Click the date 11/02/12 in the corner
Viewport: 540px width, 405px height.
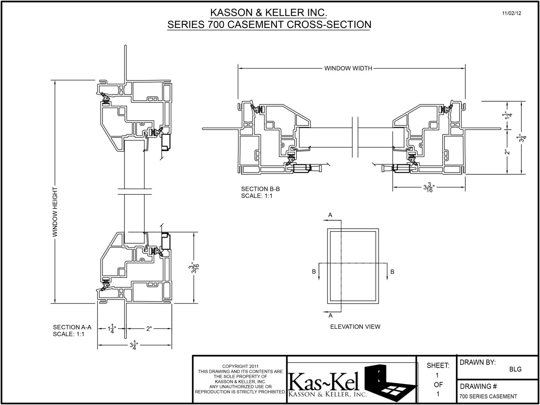[511, 14]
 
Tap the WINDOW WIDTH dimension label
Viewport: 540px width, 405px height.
[348, 68]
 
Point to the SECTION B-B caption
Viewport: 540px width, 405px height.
[260, 189]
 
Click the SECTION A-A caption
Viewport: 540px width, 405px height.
[72, 327]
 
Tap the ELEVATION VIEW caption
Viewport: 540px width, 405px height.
[355, 327]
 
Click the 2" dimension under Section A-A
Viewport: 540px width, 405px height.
[149, 328]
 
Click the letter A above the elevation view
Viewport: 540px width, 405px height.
[330, 215]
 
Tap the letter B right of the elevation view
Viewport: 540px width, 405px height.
[392, 272]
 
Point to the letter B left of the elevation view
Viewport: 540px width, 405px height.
[314, 272]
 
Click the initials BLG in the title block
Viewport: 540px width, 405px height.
[515, 369]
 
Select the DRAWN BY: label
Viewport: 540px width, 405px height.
[478, 362]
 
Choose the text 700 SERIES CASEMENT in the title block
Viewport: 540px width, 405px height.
[488, 396]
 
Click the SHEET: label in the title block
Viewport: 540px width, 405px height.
[438, 365]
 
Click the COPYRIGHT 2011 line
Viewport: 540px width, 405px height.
[240, 366]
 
